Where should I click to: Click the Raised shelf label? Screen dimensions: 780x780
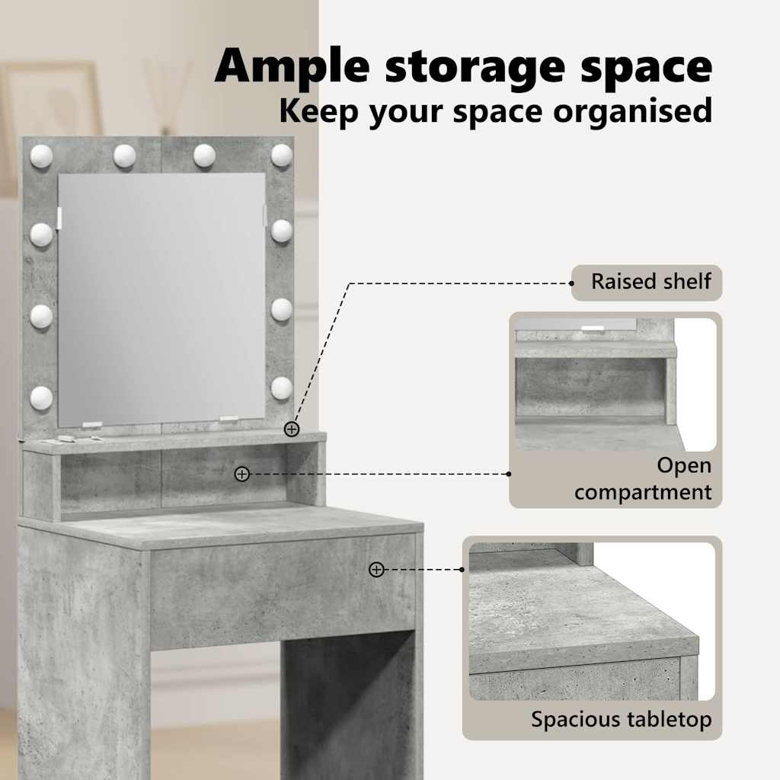651,282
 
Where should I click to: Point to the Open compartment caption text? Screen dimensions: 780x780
643,478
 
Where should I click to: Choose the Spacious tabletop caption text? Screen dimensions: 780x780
622,720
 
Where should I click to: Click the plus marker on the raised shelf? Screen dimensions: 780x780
292,429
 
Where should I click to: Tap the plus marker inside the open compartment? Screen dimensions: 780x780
241,474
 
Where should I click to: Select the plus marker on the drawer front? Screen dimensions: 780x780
376,570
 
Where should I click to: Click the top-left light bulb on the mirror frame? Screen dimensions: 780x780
41,155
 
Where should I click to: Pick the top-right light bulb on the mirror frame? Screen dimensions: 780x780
282,155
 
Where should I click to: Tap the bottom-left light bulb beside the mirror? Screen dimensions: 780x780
41,398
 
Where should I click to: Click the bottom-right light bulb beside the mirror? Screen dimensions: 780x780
282,388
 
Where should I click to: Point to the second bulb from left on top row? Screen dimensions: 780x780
124,155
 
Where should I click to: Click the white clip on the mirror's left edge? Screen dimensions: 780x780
59,219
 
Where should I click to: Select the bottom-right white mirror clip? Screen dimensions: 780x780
229,420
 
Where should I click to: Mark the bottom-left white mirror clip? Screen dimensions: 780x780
92,425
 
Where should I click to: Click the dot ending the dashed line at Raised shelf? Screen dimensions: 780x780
571,283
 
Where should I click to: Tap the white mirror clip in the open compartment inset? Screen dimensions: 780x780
593,328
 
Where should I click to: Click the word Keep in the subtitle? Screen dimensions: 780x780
319,110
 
